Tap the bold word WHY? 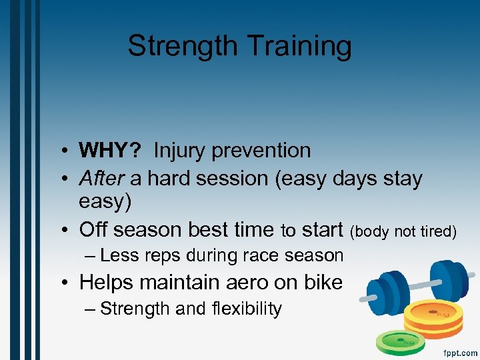tap(109, 151)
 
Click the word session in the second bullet tap(235, 179)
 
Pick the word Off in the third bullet tap(93, 230)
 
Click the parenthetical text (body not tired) tap(403, 231)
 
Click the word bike tap(322, 282)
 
